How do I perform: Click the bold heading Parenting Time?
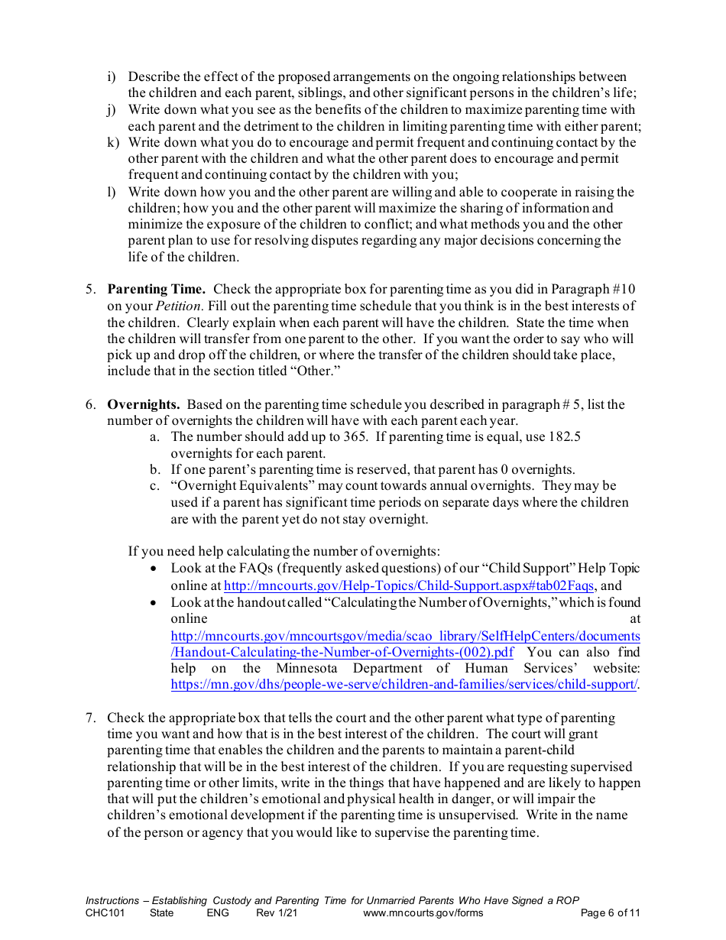[x=156, y=290]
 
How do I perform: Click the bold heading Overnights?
[x=144, y=405]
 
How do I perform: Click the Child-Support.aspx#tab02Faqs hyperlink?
[x=408, y=586]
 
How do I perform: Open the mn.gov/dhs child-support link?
[x=404, y=686]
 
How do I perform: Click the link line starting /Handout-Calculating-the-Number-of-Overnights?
[x=342, y=653]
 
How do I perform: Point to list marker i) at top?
[x=112, y=77]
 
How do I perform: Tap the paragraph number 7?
[x=90, y=718]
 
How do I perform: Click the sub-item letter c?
[x=154, y=486]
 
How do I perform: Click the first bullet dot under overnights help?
[x=155, y=569]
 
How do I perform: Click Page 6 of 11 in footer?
[x=610, y=912]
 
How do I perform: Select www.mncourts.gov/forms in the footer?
[x=423, y=912]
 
